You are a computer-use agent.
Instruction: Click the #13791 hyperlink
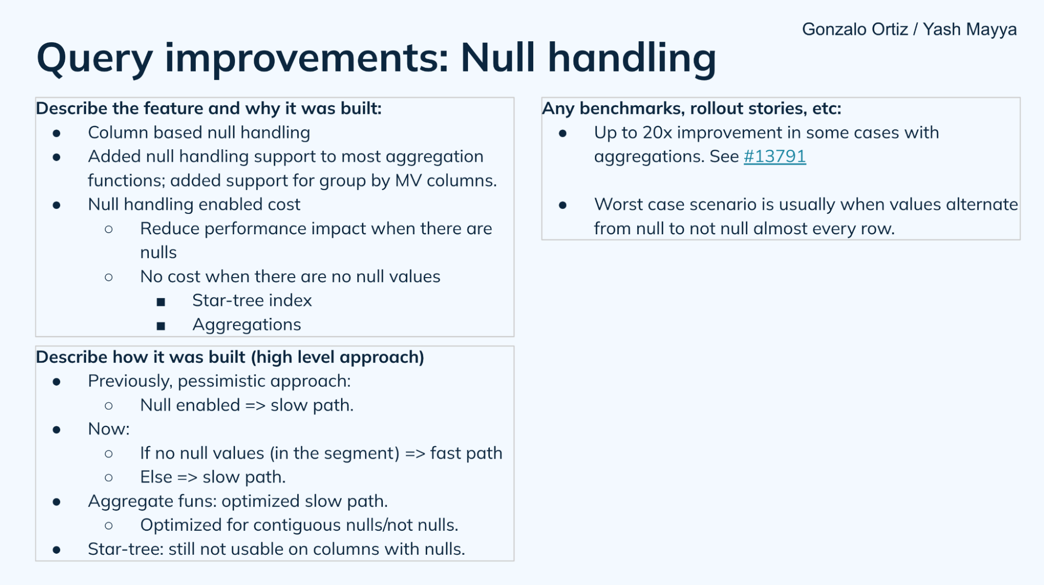775,157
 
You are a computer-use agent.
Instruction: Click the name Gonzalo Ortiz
854,29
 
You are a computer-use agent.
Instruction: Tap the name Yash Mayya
969,29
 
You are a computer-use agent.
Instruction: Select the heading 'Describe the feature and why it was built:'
208,109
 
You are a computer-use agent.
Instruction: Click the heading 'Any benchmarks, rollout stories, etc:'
691,109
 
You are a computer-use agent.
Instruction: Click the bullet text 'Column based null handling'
198,133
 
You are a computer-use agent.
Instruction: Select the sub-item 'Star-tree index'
252,301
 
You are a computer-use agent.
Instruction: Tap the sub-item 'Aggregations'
247,325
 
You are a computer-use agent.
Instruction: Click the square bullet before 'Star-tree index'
161,302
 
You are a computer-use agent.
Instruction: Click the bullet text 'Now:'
109,429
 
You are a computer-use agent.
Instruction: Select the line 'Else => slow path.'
213,477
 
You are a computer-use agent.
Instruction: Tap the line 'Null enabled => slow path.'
247,405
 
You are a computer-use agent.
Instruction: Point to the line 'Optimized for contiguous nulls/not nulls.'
299,525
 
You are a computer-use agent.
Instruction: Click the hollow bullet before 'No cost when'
109,277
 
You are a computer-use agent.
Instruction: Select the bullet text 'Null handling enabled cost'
194,205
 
